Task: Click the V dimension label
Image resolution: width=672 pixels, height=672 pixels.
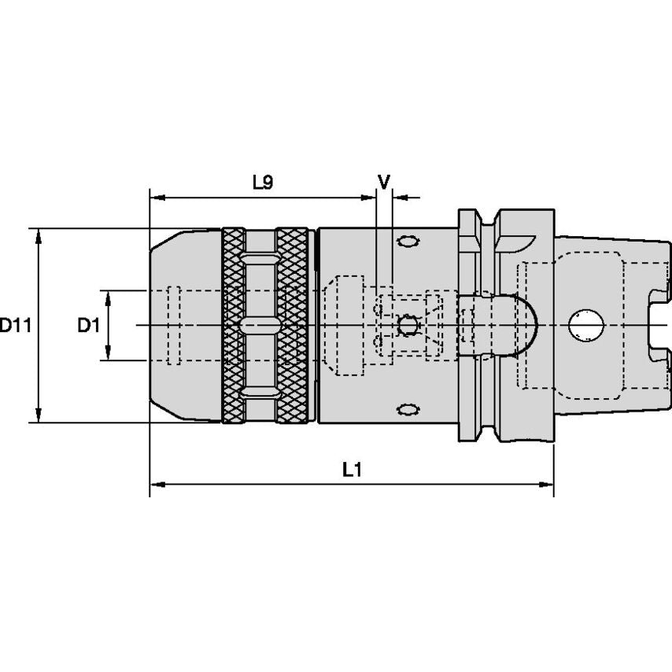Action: tap(384, 182)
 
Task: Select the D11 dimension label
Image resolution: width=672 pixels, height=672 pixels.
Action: tap(14, 325)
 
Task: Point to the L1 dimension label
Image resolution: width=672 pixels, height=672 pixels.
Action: tap(351, 470)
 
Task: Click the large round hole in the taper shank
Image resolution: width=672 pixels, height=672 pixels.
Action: tap(585, 325)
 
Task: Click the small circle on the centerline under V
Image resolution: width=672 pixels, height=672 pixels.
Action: tap(407, 324)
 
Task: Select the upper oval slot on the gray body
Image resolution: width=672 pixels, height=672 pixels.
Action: tap(407, 241)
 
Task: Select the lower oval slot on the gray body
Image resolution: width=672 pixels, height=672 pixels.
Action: tap(407, 409)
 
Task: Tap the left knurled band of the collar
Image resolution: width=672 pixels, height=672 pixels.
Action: tap(234, 325)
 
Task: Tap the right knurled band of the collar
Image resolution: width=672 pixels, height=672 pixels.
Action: tap(292, 325)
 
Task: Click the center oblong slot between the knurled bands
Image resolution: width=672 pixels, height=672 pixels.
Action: tap(259, 325)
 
